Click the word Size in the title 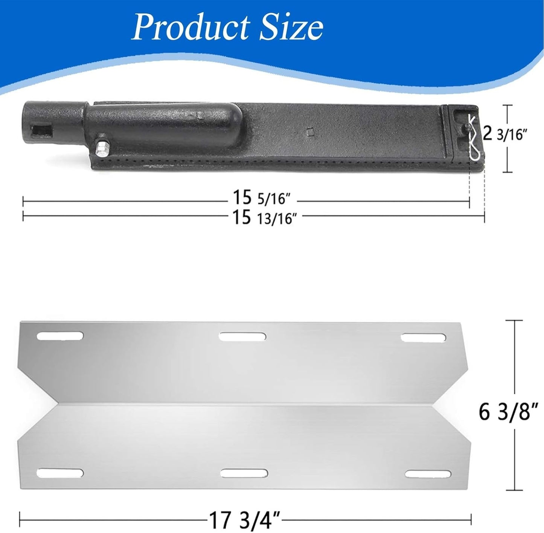coord(291,27)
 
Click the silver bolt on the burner coord(102,148)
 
